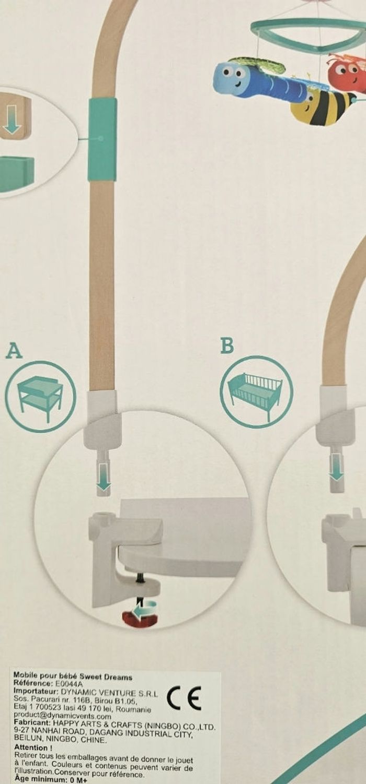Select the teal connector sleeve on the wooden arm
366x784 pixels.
[x=102, y=139]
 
